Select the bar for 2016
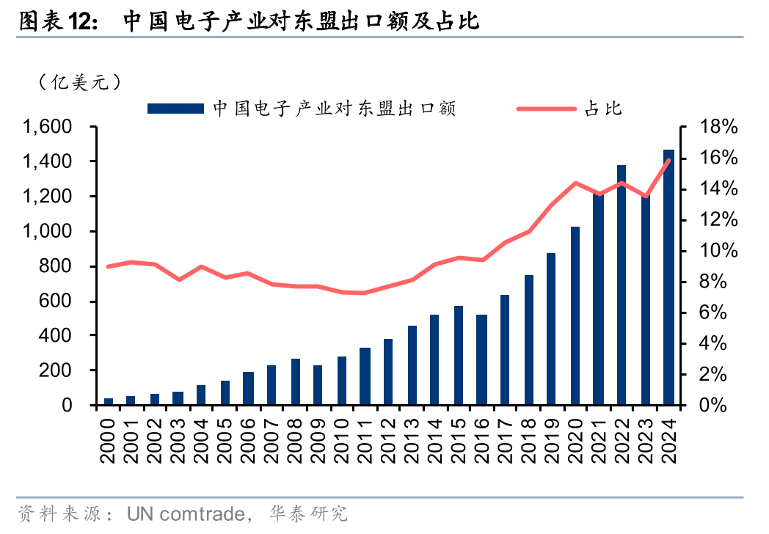coord(481,359)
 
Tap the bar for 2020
coord(575,315)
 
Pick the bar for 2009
coord(318,385)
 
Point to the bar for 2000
coord(109,401)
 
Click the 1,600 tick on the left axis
coord(47,127)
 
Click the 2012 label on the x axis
coord(388,439)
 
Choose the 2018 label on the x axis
coord(528,439)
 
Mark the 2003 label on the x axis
coord(178,439)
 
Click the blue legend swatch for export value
coord(175,109)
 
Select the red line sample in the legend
coord(546,109)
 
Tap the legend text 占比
coord(603,109)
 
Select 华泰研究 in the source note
coord(309,512)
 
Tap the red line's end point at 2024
coord(668,160)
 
